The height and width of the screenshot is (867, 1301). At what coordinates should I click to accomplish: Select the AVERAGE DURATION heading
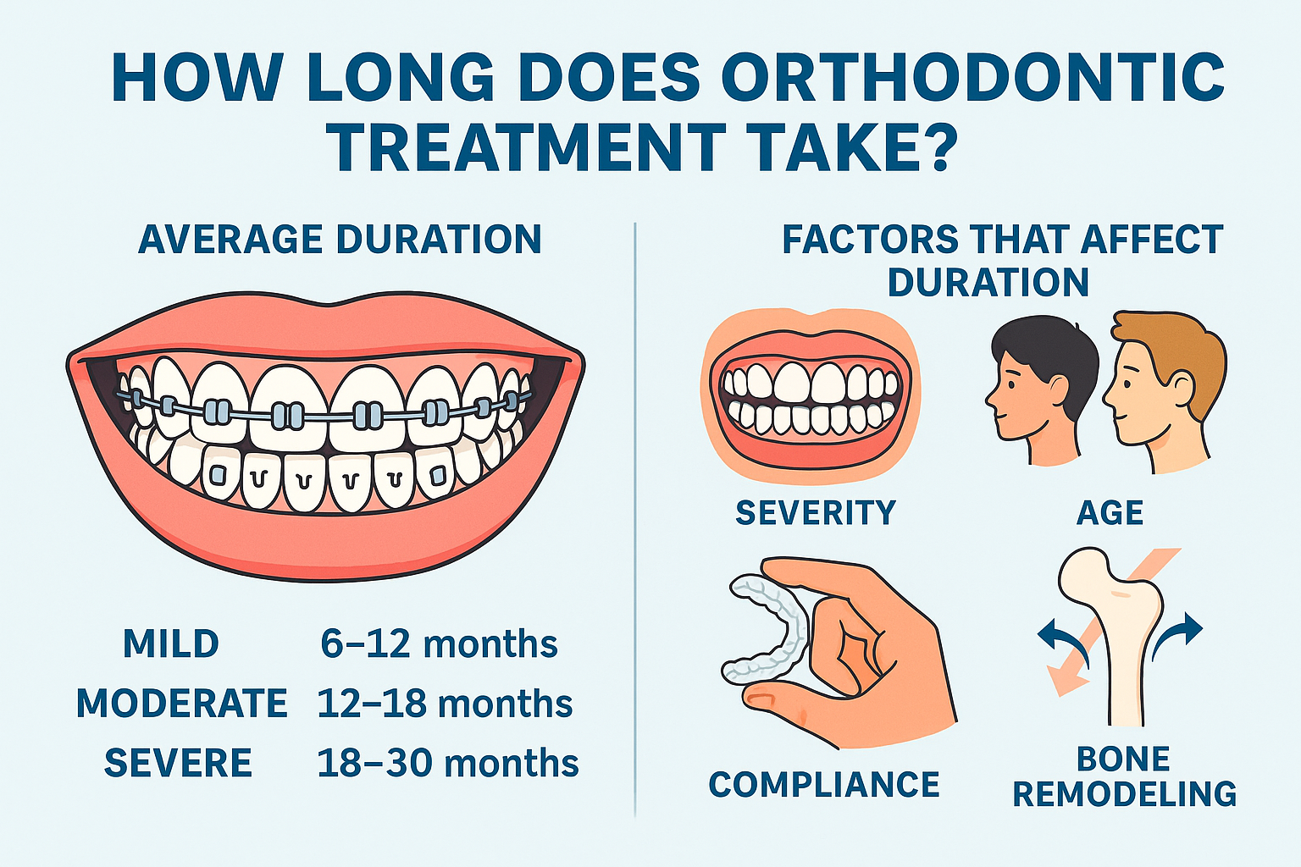[340, 240]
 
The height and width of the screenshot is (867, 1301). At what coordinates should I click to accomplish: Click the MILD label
[171, 643]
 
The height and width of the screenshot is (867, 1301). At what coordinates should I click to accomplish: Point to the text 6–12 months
[439, 643]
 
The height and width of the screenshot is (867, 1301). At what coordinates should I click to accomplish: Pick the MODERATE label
[182, 704]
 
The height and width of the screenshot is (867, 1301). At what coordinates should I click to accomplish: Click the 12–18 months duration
[445, 704]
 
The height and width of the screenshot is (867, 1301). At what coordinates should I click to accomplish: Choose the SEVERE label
[178, 763]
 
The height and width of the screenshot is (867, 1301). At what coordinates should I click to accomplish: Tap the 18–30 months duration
[448, 763]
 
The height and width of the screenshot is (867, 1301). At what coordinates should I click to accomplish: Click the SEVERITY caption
[816, 513]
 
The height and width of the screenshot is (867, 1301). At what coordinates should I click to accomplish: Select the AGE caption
[1110, 513]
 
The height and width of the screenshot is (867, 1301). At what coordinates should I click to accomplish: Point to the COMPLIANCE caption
[824, 785]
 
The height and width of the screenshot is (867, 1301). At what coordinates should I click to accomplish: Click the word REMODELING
[1125, 794]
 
